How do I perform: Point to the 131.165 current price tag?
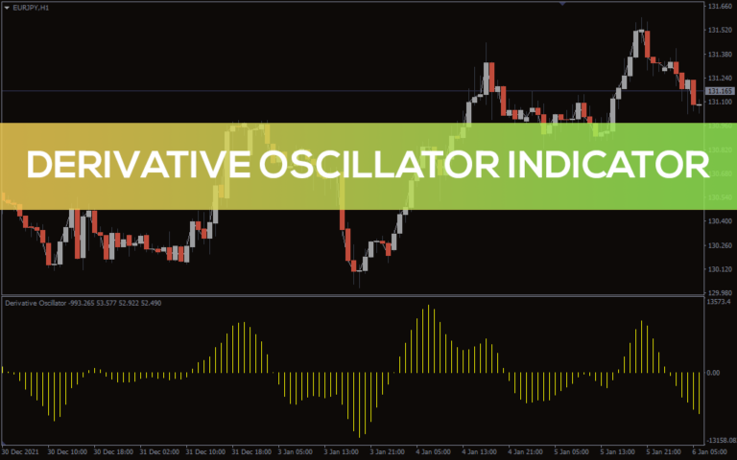pyautogui.click(x=719, y=91)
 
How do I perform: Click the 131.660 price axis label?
pyautogui.click(x=719, y=7)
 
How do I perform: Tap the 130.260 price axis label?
pyautogui.click(x=719, y=245)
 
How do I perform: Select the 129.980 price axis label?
pyautogui.click(x=719, y=293)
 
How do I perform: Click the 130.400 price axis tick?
pyautogui.click(x=719, y=221)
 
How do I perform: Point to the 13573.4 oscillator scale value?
pyautogui.click(x=719, y=302)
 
